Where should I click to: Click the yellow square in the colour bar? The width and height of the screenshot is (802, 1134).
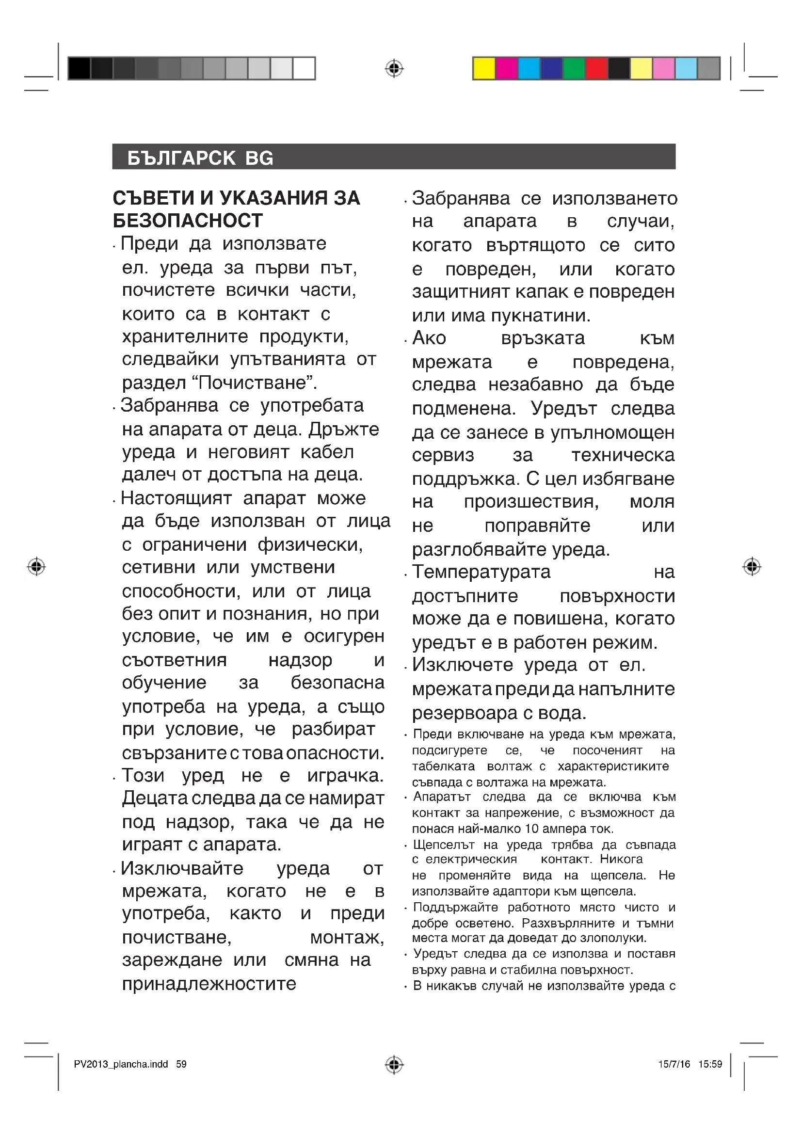tap(483, 68)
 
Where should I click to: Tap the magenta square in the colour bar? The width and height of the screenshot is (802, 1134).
tap(506, 68)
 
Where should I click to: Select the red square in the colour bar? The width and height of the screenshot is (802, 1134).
tap(596, 68)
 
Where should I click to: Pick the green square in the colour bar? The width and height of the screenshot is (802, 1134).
tap(574, 68)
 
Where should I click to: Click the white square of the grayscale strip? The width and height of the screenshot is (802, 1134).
tap(304, 68)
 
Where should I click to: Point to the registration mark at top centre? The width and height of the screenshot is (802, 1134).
tap(394, 69)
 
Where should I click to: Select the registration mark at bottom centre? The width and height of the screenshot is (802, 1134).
tap(394, 1064)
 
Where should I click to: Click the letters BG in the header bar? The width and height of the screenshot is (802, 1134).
tap(259, 158)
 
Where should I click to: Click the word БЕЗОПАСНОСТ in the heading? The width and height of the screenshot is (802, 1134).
tap(188, 221)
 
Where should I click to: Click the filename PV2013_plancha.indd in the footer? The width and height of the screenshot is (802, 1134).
tap(121, 1064)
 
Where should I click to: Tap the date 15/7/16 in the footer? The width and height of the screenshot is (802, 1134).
tap(674, 1064)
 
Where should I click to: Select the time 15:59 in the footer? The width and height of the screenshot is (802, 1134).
tap(710, 1064)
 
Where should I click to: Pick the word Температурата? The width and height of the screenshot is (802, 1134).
tap(481, 572)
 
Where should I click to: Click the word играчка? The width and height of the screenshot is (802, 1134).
tap(345, 775)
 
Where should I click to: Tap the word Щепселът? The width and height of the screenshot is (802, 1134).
tap(444, 845)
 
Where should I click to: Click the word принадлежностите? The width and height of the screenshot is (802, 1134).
tap(209, 984)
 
